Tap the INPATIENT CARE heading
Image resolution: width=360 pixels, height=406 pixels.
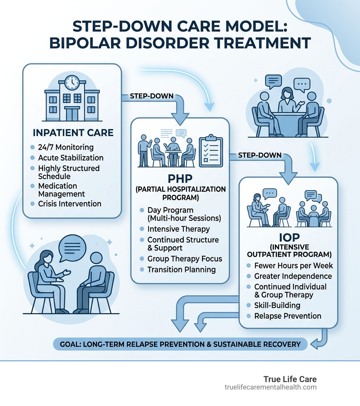73,133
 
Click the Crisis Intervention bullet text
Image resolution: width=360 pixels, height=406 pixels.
70,204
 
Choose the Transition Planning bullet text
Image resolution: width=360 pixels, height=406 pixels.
181,269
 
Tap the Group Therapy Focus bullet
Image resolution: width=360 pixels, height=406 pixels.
185,259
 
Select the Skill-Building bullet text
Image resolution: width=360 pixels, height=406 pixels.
277,305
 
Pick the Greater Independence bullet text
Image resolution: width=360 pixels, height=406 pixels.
293,276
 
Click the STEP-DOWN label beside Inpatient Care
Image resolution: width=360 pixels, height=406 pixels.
152,96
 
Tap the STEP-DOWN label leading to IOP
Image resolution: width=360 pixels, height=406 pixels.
259,155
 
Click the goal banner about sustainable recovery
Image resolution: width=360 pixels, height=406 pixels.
180,344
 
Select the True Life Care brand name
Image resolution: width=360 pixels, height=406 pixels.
290,379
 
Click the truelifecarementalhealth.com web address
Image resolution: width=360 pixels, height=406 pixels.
271,387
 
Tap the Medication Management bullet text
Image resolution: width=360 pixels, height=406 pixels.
62,190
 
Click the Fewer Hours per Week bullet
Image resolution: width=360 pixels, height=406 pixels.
294,265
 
